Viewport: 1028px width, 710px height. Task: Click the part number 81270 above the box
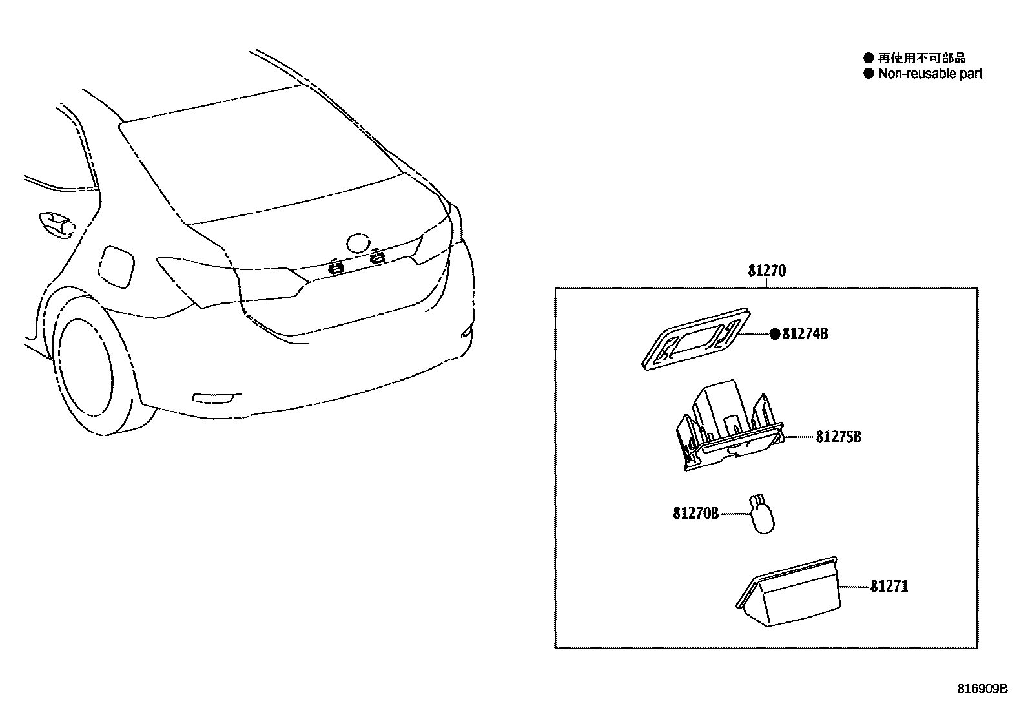[767, 271]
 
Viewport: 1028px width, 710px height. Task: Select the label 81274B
[805, 334]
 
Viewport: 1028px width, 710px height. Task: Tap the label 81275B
[838, 437]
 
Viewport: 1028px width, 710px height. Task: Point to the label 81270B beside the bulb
[695, 514]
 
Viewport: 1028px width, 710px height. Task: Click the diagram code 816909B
[982, 689]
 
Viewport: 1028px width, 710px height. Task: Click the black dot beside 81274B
[774, 334]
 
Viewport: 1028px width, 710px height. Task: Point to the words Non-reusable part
[930, 74]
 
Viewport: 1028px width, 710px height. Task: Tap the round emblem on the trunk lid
[356, 243]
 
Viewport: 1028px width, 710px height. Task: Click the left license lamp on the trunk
[334, 266]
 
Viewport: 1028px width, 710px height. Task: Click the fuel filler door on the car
[118, 265]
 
